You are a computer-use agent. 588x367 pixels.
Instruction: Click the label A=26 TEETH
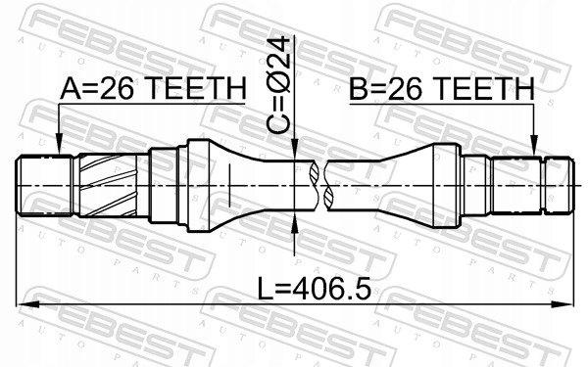pos(151,89)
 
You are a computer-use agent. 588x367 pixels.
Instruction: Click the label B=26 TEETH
pos(440,89)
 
